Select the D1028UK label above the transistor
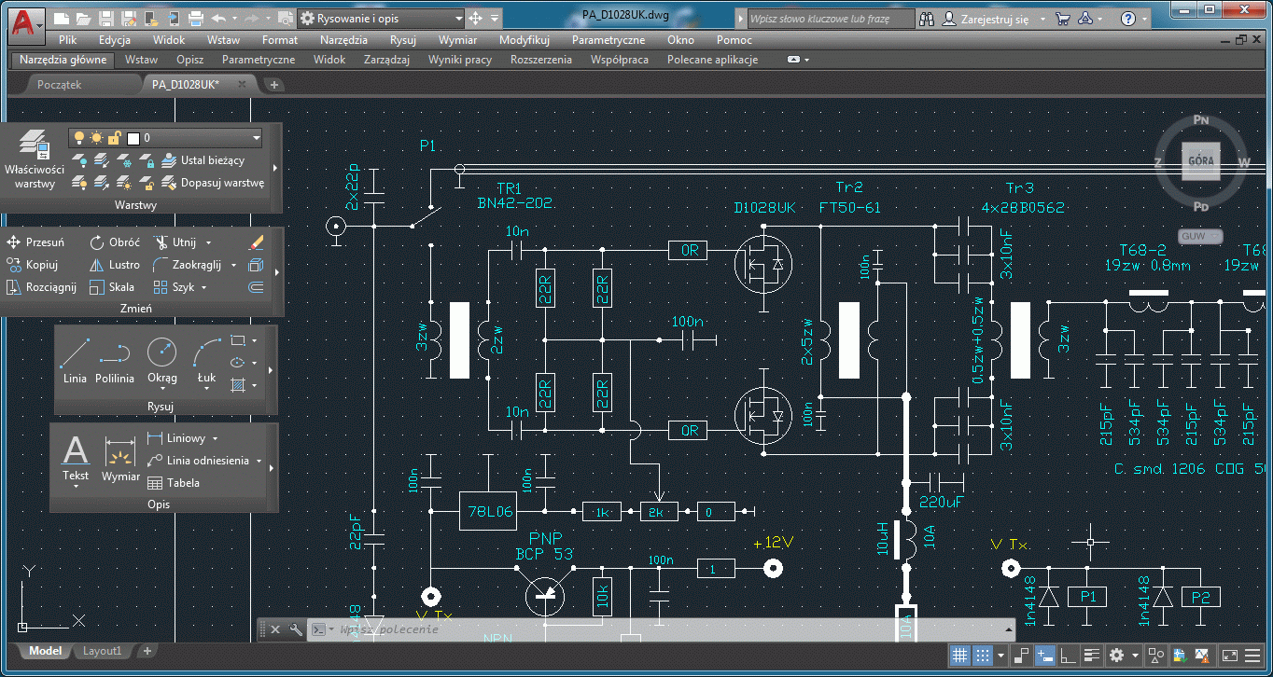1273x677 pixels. (764, 207)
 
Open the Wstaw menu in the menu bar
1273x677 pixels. (223, 40)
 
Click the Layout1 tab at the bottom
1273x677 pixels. (103, 651)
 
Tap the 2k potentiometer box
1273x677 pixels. (658, 511)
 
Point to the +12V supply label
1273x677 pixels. (772, 543)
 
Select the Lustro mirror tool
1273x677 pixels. (116, 265)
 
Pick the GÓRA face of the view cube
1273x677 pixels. (1199, 160)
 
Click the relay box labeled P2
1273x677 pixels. (1200, 597)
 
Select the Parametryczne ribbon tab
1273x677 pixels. (259, 60)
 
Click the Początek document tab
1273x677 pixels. (60, 84)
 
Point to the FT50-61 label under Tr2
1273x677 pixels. (849, 207)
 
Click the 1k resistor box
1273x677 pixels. (602, 511)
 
